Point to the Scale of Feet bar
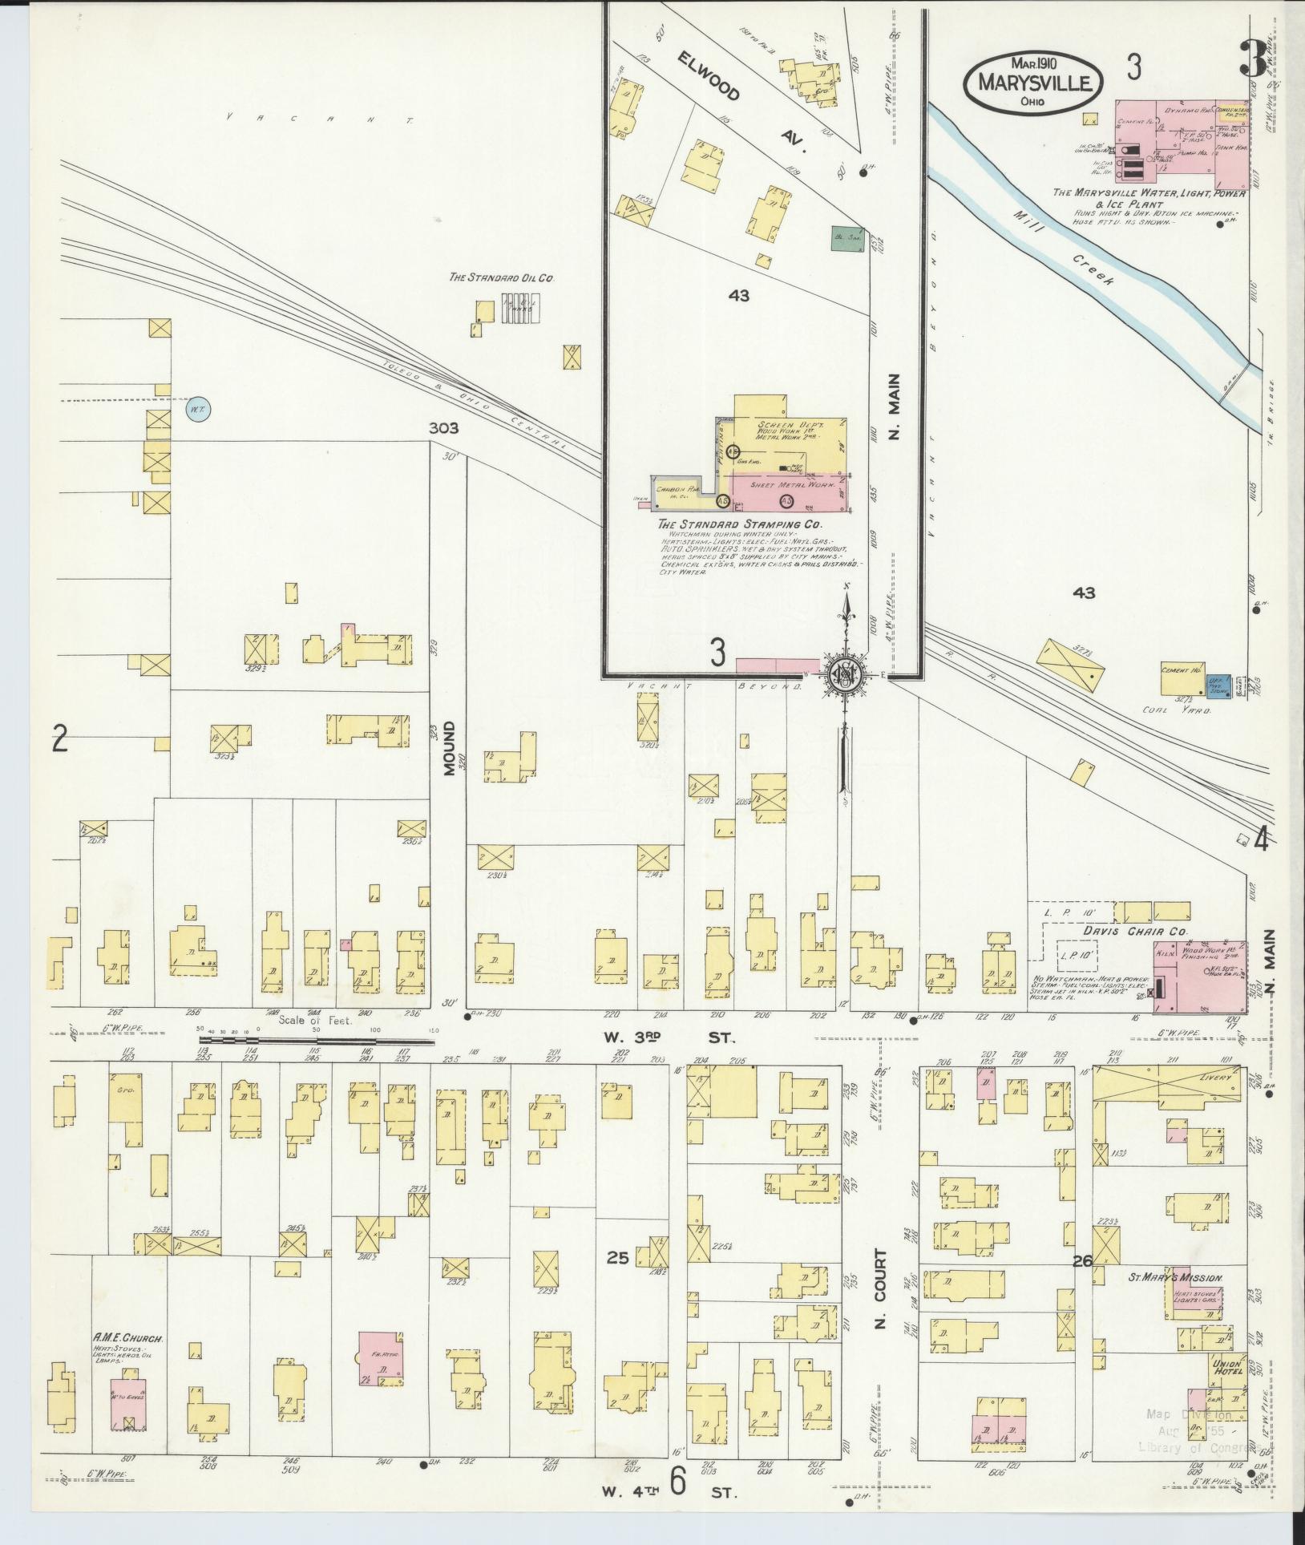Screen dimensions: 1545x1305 (x=317, y=1041)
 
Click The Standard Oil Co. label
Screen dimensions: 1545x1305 (x=502, y=278)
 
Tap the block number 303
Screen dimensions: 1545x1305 (x=443, y=428)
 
